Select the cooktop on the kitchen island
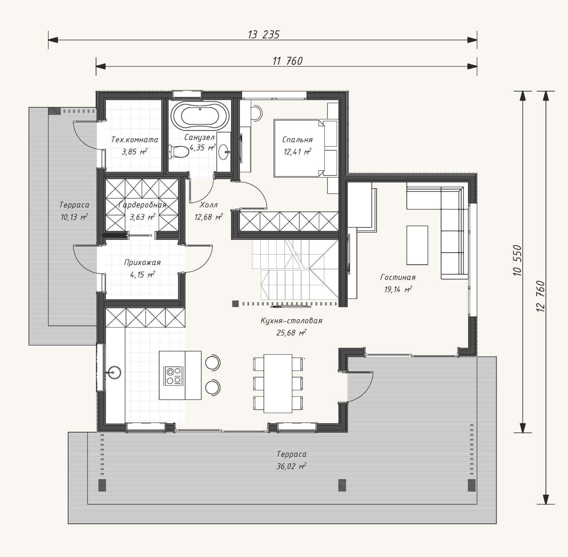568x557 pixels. coord(173,376)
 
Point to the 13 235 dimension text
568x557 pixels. coord(264,34)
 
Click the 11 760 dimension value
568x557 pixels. coord(287,61)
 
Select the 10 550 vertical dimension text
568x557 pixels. coord(517,260)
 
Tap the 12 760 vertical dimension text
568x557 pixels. coord(540,296)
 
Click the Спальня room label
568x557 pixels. coord(298,140)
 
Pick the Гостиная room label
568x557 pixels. coord(398,277)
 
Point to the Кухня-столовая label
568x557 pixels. coord(291,321)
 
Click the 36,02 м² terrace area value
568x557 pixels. coord(291,466)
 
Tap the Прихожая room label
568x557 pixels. coord(142,262)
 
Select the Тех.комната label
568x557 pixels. coord(135,140)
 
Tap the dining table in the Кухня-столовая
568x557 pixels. coord(278,383)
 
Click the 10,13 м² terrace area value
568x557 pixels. coord(74,217)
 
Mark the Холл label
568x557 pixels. coord(209,205)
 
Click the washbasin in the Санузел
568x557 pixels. coord(223,152)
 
